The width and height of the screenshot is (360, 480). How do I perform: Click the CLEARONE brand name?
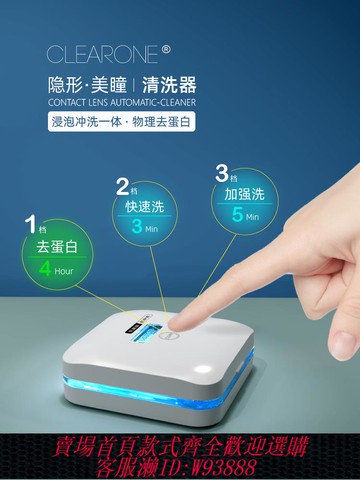(x=100, y=54)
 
